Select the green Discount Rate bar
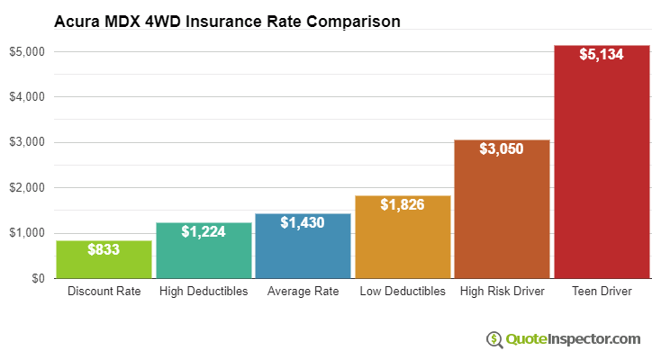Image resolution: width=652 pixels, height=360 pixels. coord(104,261)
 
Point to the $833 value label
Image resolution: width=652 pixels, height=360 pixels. coord(104,250)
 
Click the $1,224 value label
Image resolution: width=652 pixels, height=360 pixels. coord(204,232)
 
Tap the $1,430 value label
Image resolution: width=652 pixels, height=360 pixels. coord(303,222)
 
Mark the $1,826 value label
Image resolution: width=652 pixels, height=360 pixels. coord(403,205)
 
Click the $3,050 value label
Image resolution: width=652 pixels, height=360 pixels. coord(502,149)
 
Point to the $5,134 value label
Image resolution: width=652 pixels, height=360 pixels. coord(602,54)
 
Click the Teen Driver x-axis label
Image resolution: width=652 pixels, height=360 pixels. coord(602,292)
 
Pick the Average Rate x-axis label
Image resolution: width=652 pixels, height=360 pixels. coord(303,292)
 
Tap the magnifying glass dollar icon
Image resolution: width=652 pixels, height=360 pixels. coord(494,339)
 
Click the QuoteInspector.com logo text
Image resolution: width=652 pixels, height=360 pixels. coord(573,339)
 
